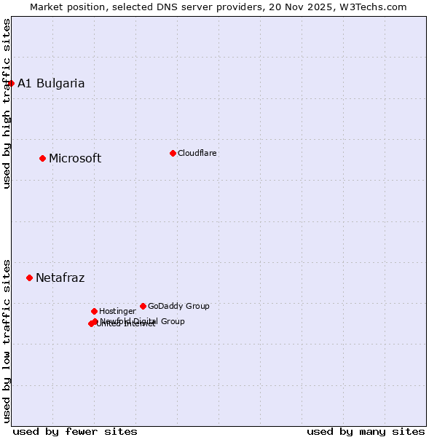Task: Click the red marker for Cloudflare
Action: pos(173,153)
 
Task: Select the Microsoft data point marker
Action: pos(42,158)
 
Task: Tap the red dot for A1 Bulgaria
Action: pos(11,83)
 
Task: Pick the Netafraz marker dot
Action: pos(29,277)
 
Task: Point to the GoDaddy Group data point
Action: pos(143,306)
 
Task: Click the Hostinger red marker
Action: pos(94,311)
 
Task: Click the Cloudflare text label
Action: pos(197,153)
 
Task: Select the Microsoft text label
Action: pos(75,159)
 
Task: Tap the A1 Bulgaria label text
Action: pos(51,83)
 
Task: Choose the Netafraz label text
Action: pos(60,277)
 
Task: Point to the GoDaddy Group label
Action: pos(178,306)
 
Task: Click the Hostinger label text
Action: pos(117,311)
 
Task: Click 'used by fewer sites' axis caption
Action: pos(75,431)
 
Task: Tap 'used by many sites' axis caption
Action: pos(366,431)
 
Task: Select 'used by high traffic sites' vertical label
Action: pos(7,103)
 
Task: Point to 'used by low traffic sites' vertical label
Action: pos(7,340)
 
